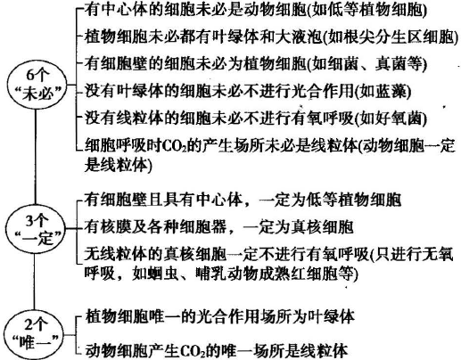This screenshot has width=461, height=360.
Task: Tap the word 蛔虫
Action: click(164, 273)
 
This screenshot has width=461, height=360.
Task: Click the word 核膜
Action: click(116, 226)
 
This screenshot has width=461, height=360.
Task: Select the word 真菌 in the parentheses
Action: click(391, 63)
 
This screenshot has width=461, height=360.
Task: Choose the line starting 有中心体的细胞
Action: click(256, 10)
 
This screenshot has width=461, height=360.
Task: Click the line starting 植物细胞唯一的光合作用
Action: click(219, 316)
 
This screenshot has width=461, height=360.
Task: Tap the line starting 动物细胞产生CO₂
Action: click(217, 350)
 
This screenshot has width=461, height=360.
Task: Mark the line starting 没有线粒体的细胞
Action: click(256, 118)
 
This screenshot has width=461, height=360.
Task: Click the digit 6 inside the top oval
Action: click(30, 75)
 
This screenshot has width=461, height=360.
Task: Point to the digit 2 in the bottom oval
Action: click(29, 324)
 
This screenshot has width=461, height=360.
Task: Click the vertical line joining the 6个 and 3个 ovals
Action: click(36, 157)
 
